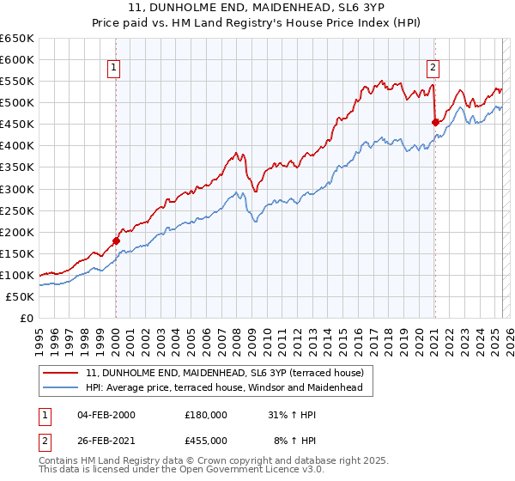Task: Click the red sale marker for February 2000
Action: pyautogui.click(x=116, y=240)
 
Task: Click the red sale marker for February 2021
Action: pyautogui.click(x=435, y=122)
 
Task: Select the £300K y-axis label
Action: pyautogui.click(x=18, y=189)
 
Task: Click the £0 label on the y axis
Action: pyautogui.click(x=27, y=319)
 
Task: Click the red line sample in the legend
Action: pyautogui.click(x=62, y=373)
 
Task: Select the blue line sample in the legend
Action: pyautogui.click(x=62, y=388)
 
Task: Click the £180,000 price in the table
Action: pyautogui.click(x=206, y=415)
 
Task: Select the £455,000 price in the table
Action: pyautogui.click(x=206, y=441)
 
